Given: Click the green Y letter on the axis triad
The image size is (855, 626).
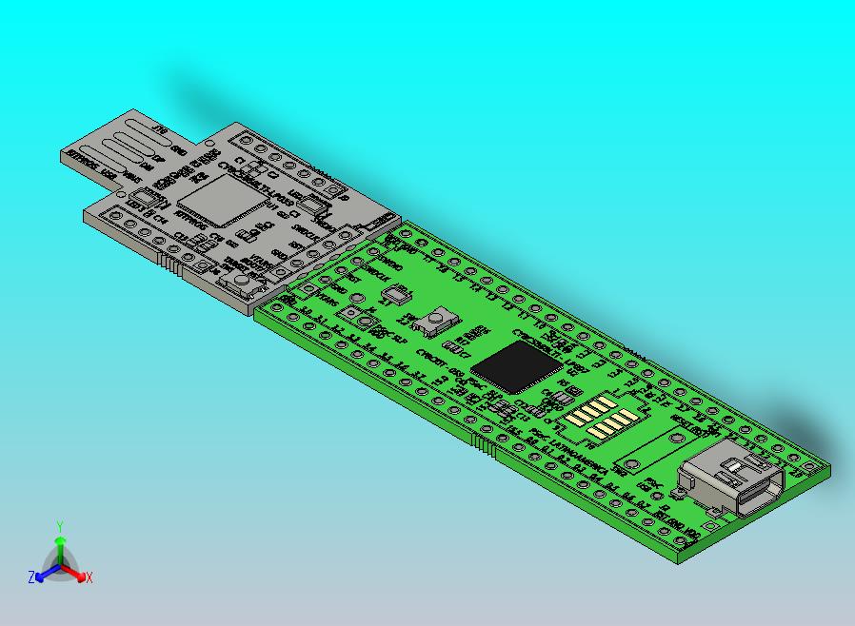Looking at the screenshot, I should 60,525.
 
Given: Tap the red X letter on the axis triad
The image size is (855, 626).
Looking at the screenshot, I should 89,577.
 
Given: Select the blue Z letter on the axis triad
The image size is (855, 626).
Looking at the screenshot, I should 31,577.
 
